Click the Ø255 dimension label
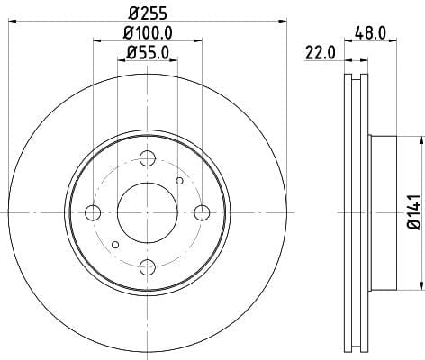pyautogui.click(x=148, y=13)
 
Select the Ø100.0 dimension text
pyautogui.click(x=148, y=33)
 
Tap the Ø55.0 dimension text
pyautogui.click(x=148, y=53)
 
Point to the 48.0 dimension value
pyautogui.click(x=370, y=33)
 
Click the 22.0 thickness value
pyautogui.click(x=320, y=53)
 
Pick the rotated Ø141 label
pyautogui.click(x=416, y=212)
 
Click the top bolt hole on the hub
pyautogui.click(x=148, y=158)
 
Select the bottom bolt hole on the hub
pyautogui.click(x=148, y=267)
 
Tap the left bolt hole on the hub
pyautogui.click(x=93, y=212)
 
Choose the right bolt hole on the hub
pyautogui.click(x=202, y=212)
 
